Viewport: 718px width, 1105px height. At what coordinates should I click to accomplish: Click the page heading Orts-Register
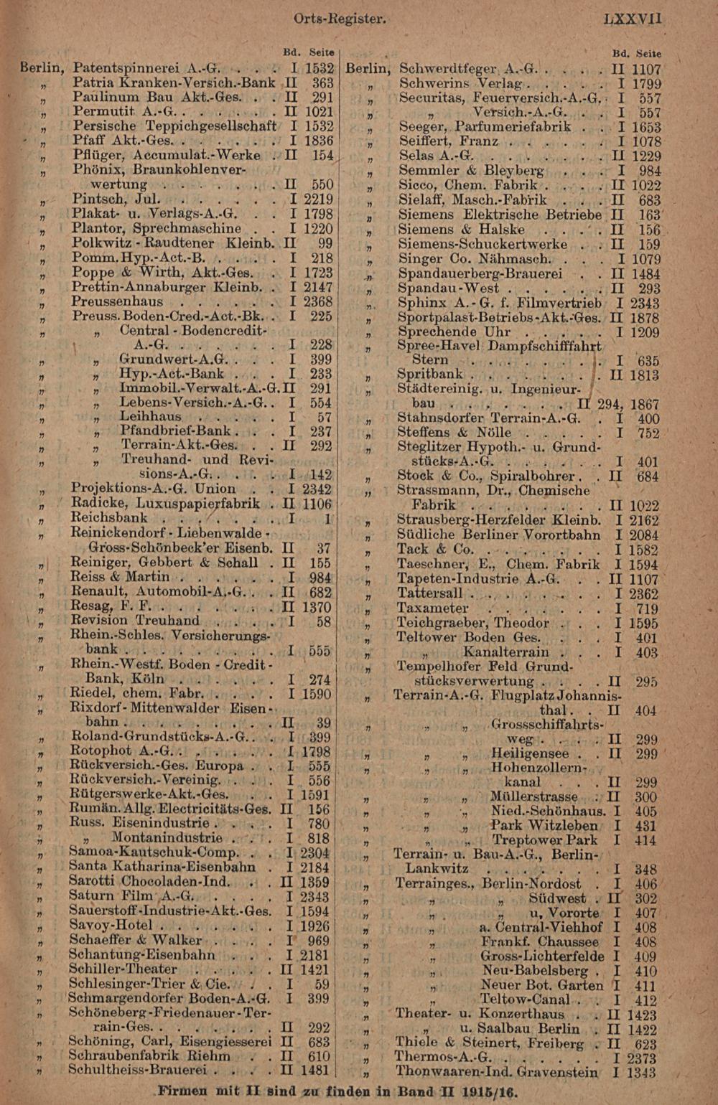tap(340, 19)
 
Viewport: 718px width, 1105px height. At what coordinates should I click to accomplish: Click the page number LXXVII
tap(633, 19)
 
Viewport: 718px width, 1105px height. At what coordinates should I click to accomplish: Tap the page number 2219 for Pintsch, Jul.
tap(318, 199)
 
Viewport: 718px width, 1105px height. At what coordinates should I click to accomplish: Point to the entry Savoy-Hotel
tap(111, 925)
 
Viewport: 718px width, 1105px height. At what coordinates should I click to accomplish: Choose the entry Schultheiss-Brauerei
tap(137, 1070)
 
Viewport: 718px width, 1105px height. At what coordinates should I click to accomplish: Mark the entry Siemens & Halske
tap(461, 230)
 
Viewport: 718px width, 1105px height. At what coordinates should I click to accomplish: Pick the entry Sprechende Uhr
tap(454, 331)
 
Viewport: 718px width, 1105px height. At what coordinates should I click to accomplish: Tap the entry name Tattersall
tap(430, 593)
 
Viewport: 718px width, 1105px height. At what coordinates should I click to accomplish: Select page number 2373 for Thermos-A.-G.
tap(640, 1058)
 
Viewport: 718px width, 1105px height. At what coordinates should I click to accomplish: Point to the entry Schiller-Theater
tap(123, 969)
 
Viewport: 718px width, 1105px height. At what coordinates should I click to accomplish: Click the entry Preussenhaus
tap(117, 301)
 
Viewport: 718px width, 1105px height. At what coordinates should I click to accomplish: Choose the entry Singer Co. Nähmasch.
tap(475, 258)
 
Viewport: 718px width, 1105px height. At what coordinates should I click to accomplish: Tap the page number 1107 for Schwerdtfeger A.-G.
tap(646, 70)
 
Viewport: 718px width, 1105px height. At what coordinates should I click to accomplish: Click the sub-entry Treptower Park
tap(544, 840)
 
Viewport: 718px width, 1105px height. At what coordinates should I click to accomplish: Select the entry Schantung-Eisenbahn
tap(141, 954)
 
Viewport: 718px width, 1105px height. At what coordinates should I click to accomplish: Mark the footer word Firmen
tap(185, 1091)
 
